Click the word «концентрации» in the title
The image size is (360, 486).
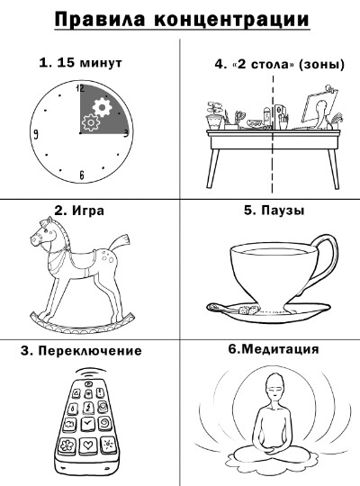[231, 19]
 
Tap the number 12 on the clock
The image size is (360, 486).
[80, 89]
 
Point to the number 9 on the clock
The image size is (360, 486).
[36, 134]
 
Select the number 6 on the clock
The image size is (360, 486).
[82, 175]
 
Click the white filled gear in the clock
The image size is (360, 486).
[102, 106]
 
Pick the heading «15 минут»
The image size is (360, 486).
[89, 63]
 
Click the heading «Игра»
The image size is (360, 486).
[88, 211]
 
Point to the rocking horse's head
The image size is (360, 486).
[43, 235]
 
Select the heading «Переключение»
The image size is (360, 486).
[90, 351]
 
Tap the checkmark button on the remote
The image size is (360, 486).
[87, 423]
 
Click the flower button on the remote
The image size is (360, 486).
[67, 445]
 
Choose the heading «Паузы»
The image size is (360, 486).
[283, 210]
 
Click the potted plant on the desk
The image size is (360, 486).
[214, 115]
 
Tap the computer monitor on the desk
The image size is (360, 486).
[318, 110]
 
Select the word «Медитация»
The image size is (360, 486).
[280, 349]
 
